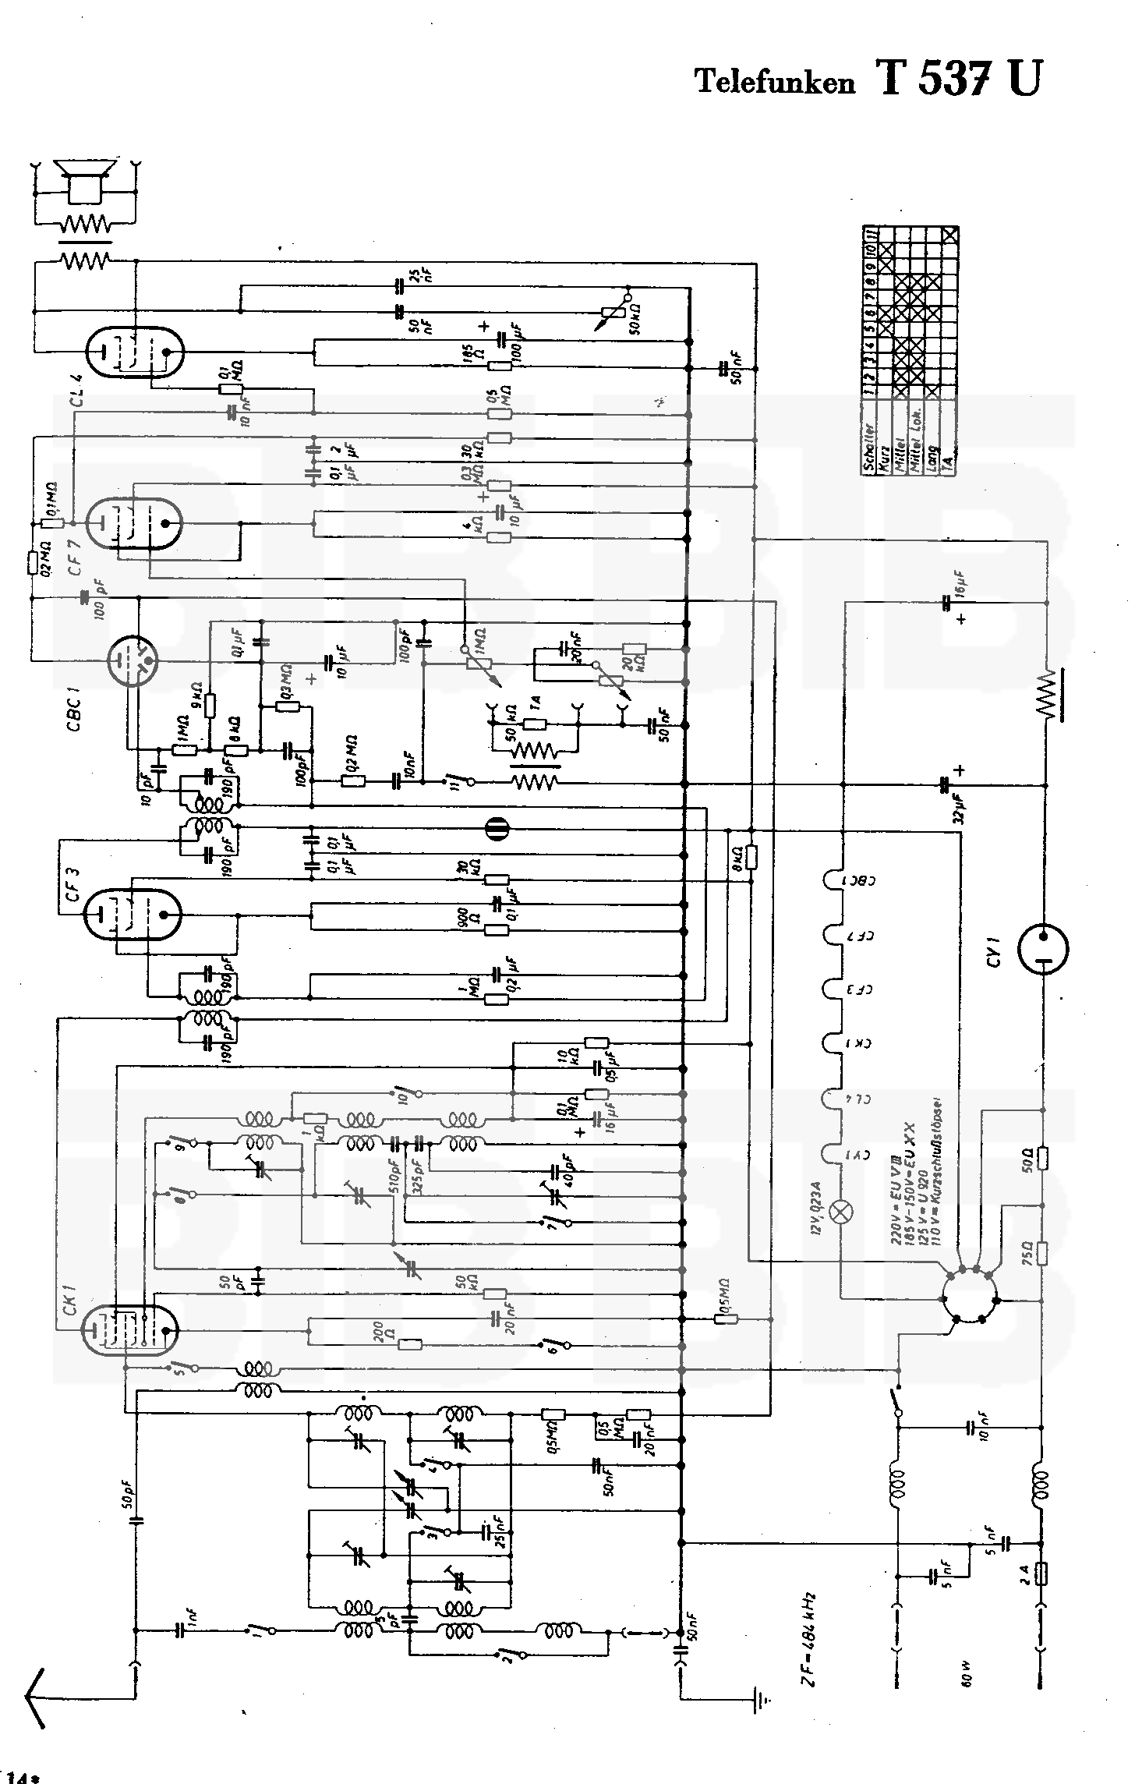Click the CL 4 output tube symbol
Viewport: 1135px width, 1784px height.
134,352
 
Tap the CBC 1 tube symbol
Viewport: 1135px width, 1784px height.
134,661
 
